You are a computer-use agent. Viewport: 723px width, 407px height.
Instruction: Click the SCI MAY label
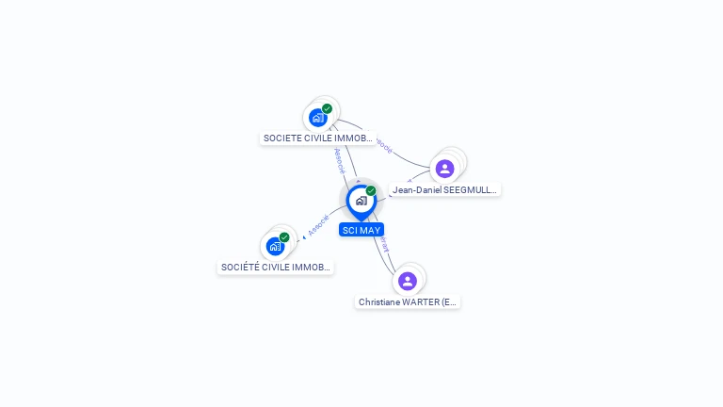pos(361,230)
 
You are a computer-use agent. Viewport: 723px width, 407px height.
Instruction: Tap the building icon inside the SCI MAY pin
pos(361,201)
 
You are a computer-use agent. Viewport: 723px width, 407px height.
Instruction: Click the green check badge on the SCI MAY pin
pos(371,190)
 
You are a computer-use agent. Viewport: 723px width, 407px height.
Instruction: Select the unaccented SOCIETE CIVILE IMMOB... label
pos(318,138)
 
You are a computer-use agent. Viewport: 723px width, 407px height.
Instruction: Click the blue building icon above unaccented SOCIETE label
pos(317,119)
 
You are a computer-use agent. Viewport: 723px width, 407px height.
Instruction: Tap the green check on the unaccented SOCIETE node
pos(327,108)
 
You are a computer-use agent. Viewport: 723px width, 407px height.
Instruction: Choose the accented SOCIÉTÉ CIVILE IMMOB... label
pos(275,268)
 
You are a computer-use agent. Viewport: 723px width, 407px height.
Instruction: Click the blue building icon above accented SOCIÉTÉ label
pos(275,247)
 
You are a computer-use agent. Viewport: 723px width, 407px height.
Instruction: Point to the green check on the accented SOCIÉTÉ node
pos(284,237)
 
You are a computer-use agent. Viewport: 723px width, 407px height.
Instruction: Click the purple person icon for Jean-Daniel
pos(445,169)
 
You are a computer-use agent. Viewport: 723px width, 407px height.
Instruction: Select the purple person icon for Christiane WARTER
pos(408,281)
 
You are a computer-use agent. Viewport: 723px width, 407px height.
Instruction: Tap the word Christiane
pos(380,302)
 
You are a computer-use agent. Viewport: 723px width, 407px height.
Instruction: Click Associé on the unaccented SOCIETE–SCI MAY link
pos(339,159)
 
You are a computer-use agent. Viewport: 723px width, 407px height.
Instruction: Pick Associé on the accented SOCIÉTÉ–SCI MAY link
pos(318,226)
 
